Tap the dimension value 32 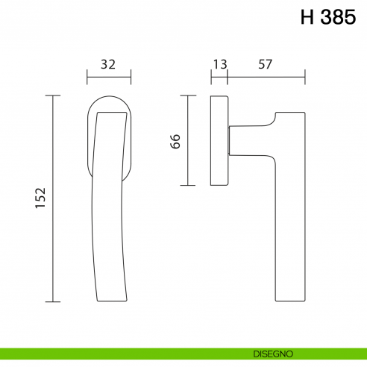click(108, 64)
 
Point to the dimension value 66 click(176, 141)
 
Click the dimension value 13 click(219, 64)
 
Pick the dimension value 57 click(265, 64)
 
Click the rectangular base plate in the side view click(219, 140)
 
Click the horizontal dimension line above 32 click(109, 76)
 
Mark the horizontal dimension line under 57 click(266, 76)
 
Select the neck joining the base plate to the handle click(234, 139)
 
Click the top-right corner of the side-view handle click(305, 113)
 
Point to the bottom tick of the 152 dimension click(52, 302)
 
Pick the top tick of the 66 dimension click(187, 95)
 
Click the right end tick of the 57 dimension click(305, 76)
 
